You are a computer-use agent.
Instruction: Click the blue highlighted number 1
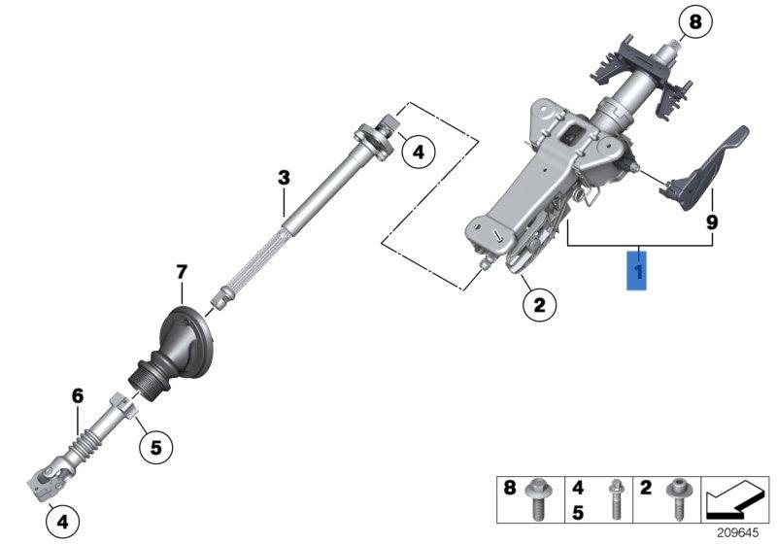pyautogui.click(x=637, y=267)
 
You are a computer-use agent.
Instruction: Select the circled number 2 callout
pyautogui.click(x=539, y=305)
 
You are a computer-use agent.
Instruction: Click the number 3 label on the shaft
pyautogui.click(x=283, y=178)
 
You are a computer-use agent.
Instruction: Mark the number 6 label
pyautogui.click(x=78, y=395)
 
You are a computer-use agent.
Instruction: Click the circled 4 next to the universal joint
pyautogui.click(x=61, y=522)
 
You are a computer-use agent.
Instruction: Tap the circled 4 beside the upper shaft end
pyautogui.click(x=418, y=152)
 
